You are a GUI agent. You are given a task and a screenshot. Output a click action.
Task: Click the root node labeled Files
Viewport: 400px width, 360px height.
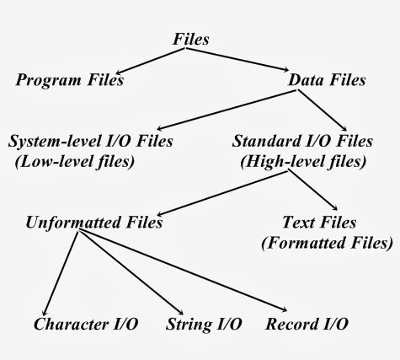click(x=192, y=39)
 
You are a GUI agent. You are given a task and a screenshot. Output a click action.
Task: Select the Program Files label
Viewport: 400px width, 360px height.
click(x=70, y=81)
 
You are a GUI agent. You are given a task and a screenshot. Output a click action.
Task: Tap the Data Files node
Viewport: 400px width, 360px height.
click(x=327, y=81)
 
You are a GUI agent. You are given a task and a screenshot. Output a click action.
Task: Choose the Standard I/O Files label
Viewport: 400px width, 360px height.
click(x=301, y=140)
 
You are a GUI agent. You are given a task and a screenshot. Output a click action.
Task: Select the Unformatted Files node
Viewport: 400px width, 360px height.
click(x=93, y=223)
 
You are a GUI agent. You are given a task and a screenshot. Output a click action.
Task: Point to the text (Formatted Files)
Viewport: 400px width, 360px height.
click(x=326, y=244)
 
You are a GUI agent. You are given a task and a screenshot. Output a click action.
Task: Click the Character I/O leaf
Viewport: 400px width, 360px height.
click(x=87, y=324)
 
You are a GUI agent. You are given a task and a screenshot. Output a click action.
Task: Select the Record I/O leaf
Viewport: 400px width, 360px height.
click(x=306, y=324)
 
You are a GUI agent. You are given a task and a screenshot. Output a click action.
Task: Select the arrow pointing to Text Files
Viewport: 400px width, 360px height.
click(x=312, y=190)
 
